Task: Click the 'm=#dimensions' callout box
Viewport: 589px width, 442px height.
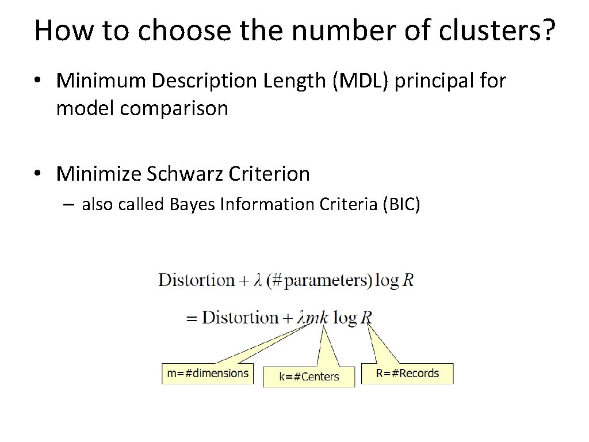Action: (208, 373)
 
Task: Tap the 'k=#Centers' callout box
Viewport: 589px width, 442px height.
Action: (309, 377)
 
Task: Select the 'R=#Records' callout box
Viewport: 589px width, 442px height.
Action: (407, 373)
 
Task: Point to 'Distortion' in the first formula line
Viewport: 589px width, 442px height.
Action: (196, 280)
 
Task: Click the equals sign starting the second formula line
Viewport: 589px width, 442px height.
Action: (192, 318)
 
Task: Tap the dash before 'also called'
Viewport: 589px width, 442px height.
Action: (71, 204)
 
